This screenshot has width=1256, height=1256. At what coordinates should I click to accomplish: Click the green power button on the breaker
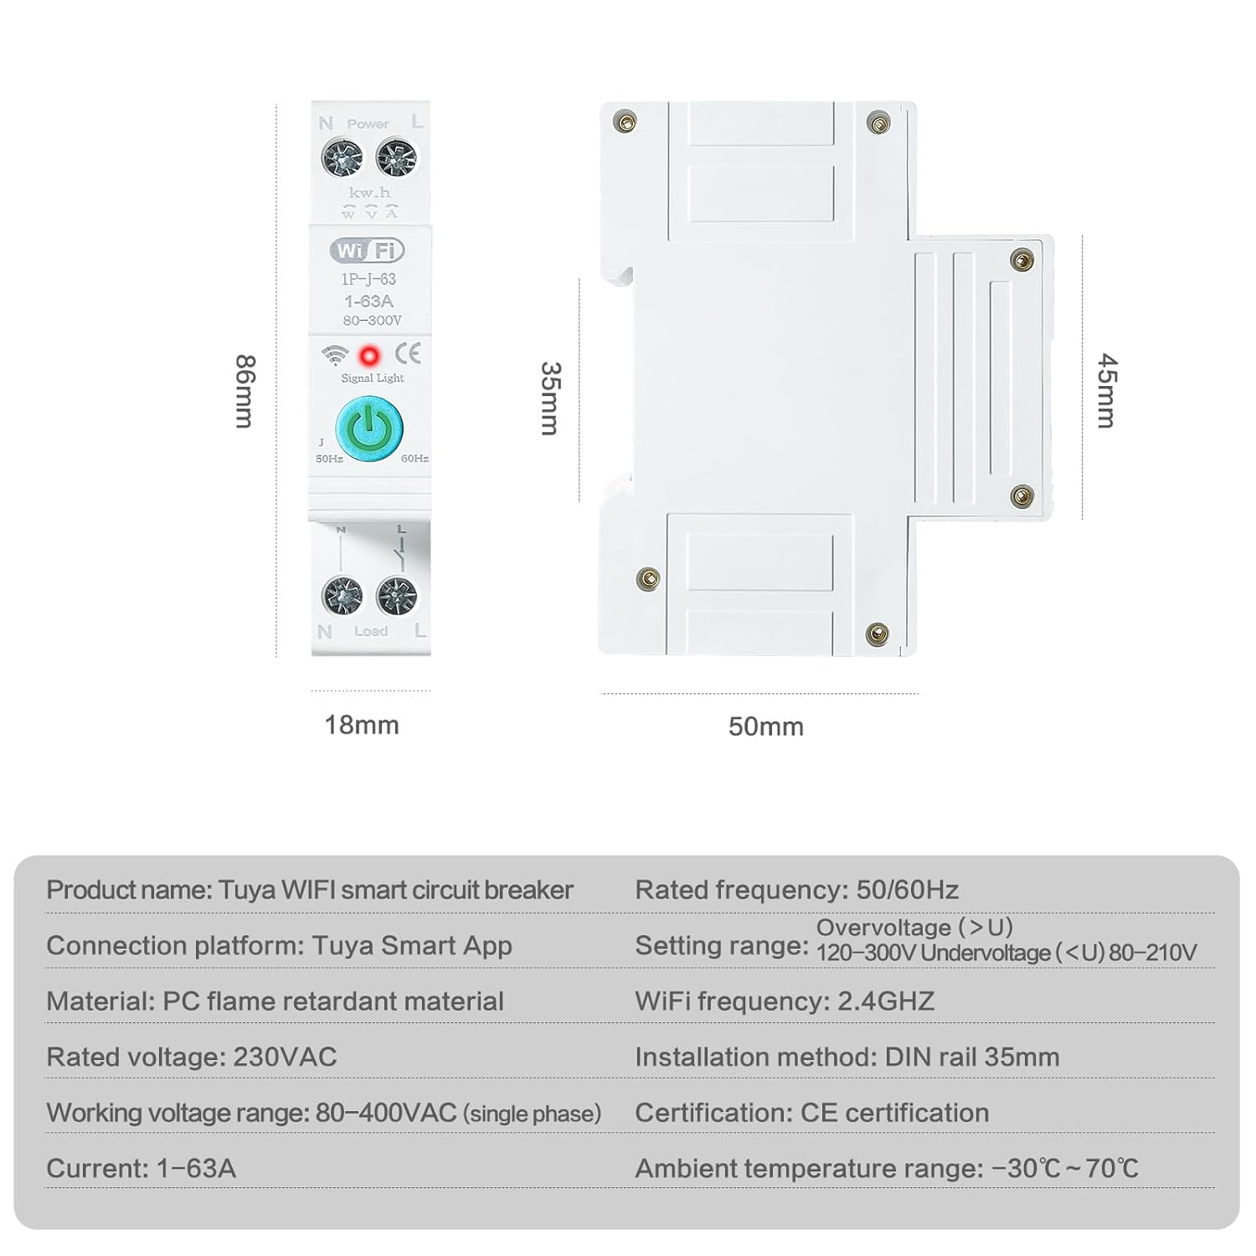pyautogui.click(x=369, y=430)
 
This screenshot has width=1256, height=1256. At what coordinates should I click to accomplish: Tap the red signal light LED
pyautogui.click(x=368, y=356)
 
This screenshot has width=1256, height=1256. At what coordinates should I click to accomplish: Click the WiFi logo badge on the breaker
pyautogui.click(x=368, y=250)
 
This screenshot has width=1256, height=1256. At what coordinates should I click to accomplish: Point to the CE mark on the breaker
pyautogui.click(x=408, y=353)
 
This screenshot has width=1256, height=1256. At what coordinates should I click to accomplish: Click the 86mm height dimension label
pyautogui.click(x=244, y=391)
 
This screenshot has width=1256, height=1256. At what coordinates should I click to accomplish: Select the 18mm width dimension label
pyautogui.click(x=362, y=725)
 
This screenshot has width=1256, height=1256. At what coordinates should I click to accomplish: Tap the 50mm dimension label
pyautogui.click(x=765, y=726)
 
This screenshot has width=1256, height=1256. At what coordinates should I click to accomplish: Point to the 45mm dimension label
pyautogui.click(x=1106, y=390)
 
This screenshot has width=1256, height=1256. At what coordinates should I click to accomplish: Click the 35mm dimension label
pyautogui.click(x=549, y=398)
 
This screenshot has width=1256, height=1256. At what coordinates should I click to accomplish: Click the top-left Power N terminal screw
pyautogui.click(x=342, y=157)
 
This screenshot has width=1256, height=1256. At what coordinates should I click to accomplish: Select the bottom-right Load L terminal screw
pyautogui.click(x=397, y=596)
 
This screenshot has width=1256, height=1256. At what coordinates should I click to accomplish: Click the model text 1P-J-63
pyautogui.click(x=368, y=279)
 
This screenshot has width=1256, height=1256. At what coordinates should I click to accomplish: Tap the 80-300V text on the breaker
pyautogui.click(x=372, y=321)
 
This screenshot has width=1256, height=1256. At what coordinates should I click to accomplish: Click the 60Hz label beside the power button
pyautogui.click(x=414, y=459)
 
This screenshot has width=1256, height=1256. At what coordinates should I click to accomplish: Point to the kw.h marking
pyautogui.click(x=369, y=193)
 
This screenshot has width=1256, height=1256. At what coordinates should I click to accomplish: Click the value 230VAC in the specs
pyautogui.click(x=285, y=1057)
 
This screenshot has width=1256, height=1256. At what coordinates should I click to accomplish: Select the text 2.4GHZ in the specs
pyautogui.click(x=886, y=1001)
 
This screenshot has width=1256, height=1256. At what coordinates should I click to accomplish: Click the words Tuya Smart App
pyautogui.click(x=411, y=945)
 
